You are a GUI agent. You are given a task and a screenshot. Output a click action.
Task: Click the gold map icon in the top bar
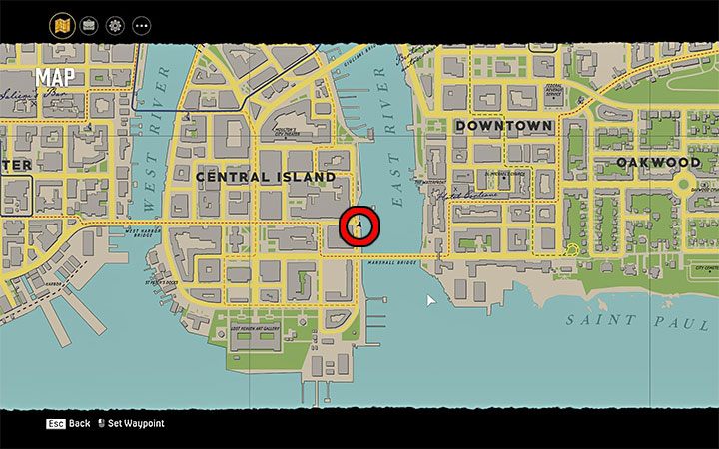[62, 24]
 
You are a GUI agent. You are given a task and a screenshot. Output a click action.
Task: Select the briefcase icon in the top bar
[88, 24]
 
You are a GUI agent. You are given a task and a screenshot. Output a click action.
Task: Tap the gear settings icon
[114, 24]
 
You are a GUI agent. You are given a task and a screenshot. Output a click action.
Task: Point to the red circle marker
[359, 226]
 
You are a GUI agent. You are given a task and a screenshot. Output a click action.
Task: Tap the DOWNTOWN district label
[503, 127]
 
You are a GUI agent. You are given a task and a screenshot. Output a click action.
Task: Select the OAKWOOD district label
[657, 162]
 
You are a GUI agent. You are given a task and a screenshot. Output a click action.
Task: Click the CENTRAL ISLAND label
[265, 177]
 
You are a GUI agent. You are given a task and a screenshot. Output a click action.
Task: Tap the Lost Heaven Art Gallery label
[265, 329]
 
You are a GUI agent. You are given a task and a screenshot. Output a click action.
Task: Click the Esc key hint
[55, 424]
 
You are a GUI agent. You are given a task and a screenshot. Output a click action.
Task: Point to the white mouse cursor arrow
[431, 300]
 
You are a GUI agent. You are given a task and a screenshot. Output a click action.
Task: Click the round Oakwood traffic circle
[683, 185]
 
